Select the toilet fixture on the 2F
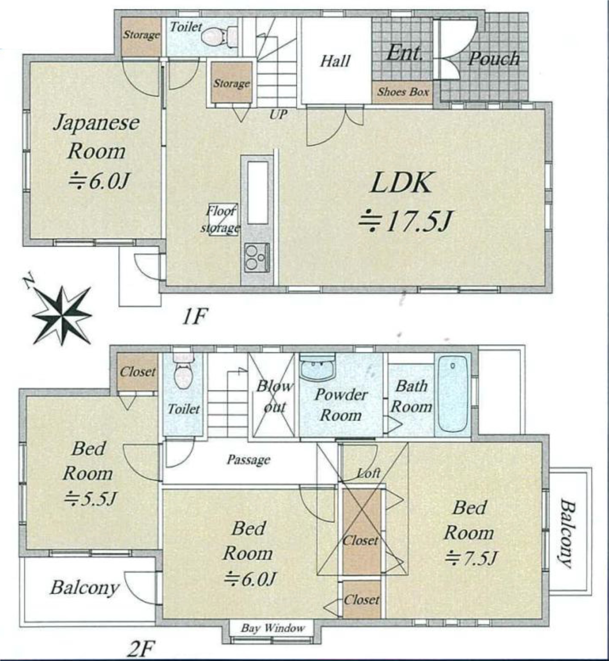[183, 372]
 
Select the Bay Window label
[273, 628]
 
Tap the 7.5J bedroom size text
[470, 557]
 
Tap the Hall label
[335, 61]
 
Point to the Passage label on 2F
[248, 460]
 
